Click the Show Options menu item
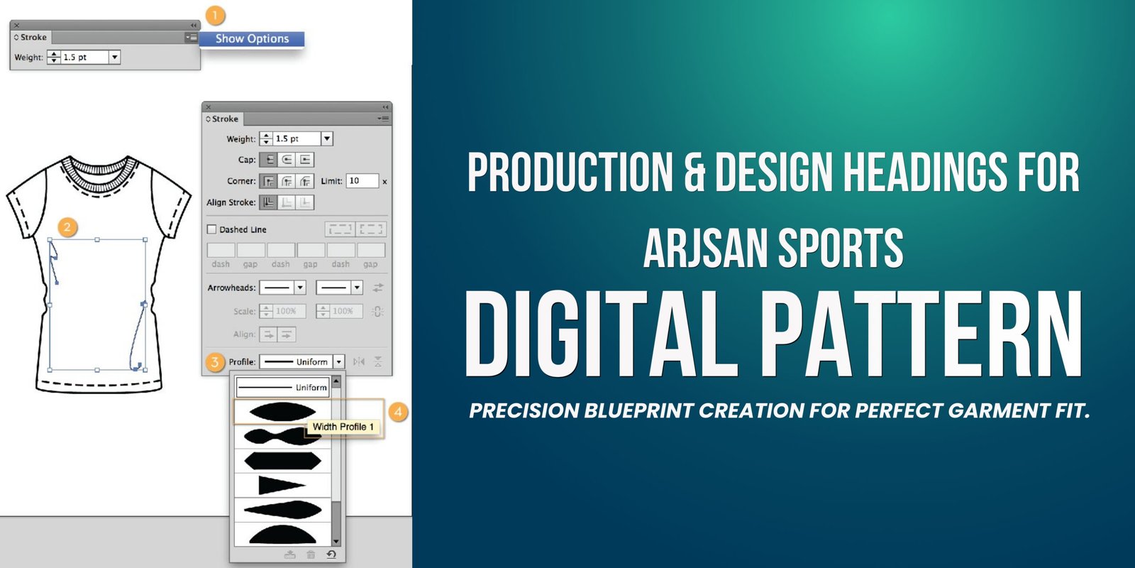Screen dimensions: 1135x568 pos(252,39)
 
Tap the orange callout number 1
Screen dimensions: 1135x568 pos(215,16)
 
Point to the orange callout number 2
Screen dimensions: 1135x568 pos(67,227)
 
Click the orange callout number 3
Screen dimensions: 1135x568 pos(215,362)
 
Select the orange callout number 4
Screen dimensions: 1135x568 pos(398,412)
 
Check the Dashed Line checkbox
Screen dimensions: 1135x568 pos(212,229)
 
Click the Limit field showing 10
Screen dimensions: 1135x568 pos(362,181)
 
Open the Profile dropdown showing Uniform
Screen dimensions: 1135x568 pos(302,361)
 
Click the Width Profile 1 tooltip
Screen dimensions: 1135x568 pos(343,427)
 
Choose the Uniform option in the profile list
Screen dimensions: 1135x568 pos(282,388)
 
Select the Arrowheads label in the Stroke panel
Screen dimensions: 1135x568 pos(231,288)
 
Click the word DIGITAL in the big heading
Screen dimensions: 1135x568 pos(601,334)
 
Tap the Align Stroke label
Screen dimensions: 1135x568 pos(231,202)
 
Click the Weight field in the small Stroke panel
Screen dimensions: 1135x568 pos(84,58)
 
